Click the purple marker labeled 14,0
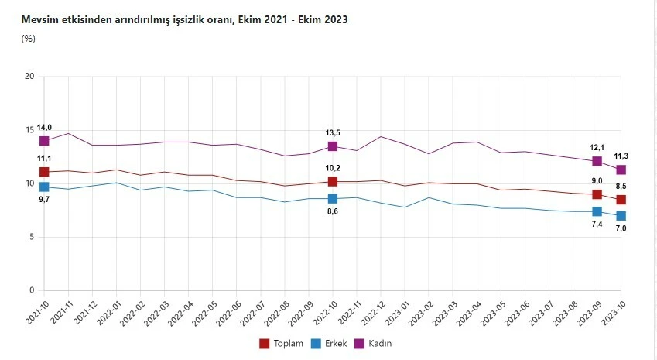(x=44, y=141)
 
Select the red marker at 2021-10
(x=44, y=172)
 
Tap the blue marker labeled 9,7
(x=44, y=187)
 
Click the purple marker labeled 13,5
(x=333, y=146)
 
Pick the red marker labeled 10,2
(x=333, y=181)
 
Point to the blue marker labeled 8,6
(x=333, y=199)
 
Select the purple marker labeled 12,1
(x=597, y=161)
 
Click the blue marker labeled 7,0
(x=621, y=216)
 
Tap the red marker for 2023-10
(x=621, y=200)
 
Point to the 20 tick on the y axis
(x=29, y=76)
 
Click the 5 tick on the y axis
(x=32, y=237)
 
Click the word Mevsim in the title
(x=40, y=19)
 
